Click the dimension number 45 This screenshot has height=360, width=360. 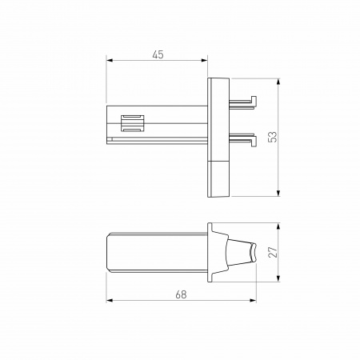click(158, 54)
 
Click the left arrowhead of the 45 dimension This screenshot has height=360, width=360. click(110, 61)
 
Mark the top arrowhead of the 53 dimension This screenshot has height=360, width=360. click(278, 82)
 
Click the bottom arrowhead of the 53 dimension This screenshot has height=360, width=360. click(278, 192)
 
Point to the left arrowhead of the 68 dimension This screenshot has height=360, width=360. click(110, 302)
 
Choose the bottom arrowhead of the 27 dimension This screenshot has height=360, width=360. click(278, 279)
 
